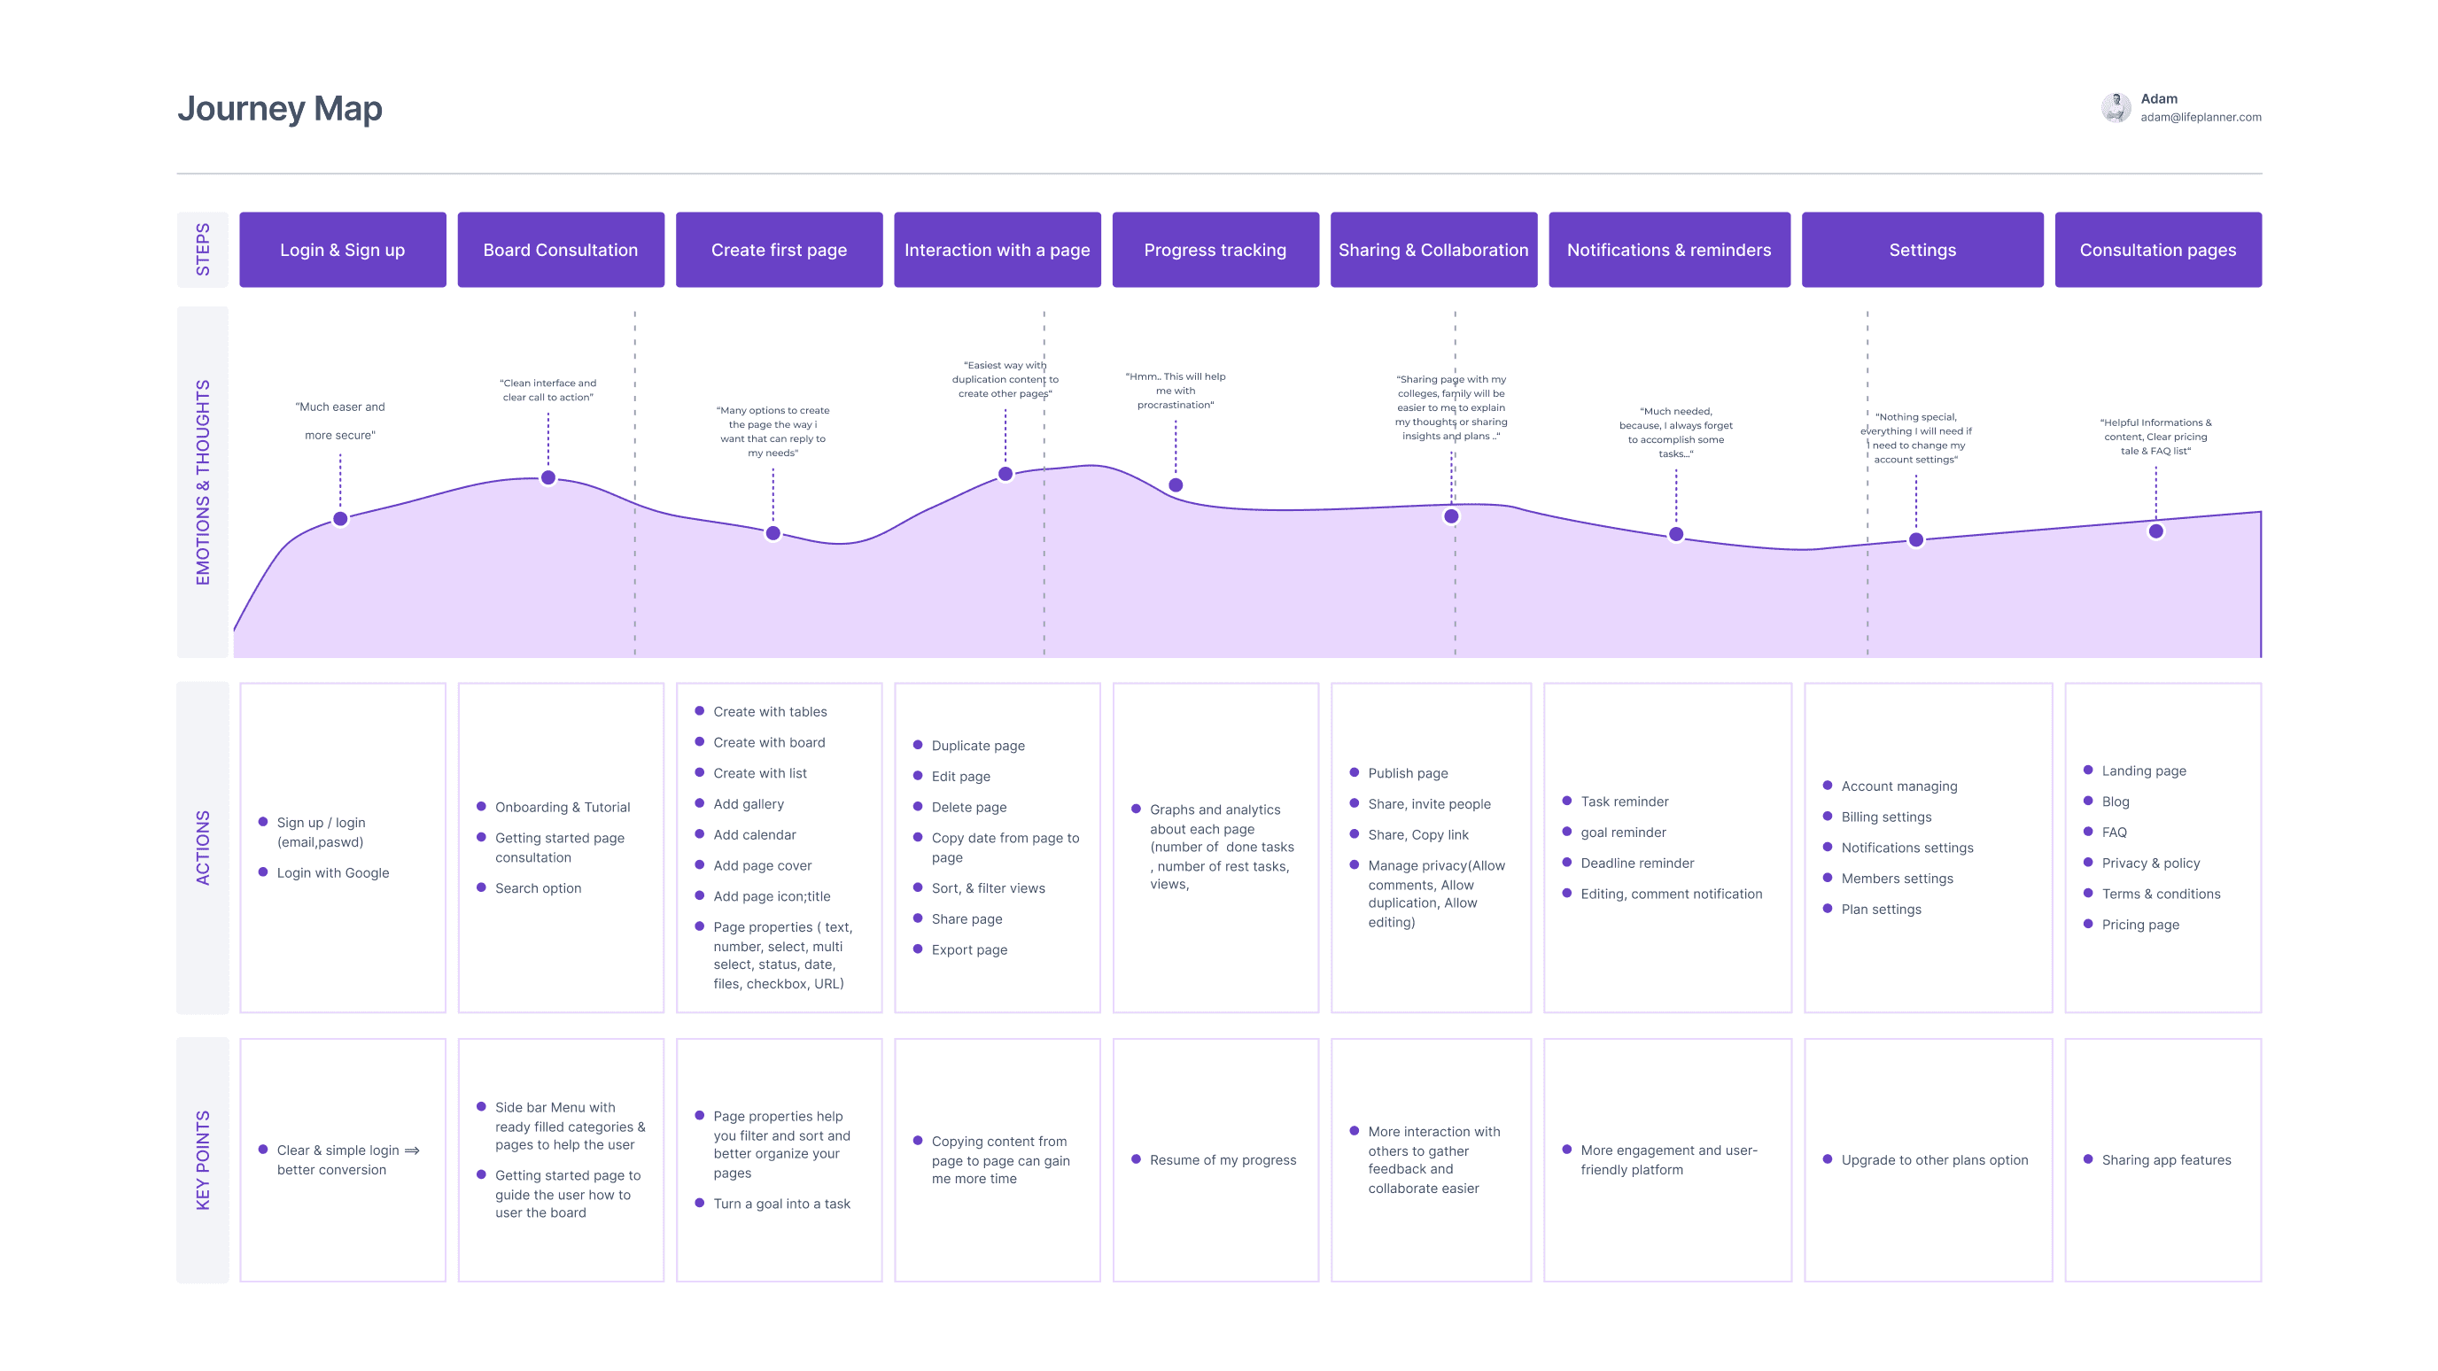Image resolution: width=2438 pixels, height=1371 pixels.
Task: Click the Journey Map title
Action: [x=279, y=109]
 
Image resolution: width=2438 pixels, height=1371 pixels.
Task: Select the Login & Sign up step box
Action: [x=343, y=250]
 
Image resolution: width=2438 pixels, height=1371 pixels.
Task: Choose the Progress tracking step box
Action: [x=1215, y=250]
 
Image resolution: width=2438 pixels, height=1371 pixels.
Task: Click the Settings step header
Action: [x=1922, y=250]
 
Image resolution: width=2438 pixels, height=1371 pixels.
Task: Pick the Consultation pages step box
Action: [x=2157, y=250]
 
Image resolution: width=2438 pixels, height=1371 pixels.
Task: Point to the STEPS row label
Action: [x=203, y=250]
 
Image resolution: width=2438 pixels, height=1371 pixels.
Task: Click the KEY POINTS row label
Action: [x=203, y=1160]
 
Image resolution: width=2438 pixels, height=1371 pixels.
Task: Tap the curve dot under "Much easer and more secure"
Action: [x=341, y=518]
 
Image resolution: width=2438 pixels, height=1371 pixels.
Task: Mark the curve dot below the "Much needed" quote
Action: [x=1675, y=535]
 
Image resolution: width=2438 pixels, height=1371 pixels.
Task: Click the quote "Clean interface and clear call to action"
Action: [x=548, y=390]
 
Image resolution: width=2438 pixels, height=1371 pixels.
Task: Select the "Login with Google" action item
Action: [x=332, y=872]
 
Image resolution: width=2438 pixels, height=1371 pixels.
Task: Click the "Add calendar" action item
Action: [x=754, y=834]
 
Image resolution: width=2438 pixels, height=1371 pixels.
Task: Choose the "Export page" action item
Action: [x=969, y=950]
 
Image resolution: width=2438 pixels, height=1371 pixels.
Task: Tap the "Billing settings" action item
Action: [x=1885, y=817]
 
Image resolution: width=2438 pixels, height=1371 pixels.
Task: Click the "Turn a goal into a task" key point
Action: [x=781, y=1204]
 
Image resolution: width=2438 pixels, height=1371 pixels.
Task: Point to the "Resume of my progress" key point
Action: [x=1223, y=1160]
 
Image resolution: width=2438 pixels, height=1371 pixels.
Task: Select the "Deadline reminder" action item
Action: [x=1636, y=863]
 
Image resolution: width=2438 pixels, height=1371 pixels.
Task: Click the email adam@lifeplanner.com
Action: [x=2201, y=117]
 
